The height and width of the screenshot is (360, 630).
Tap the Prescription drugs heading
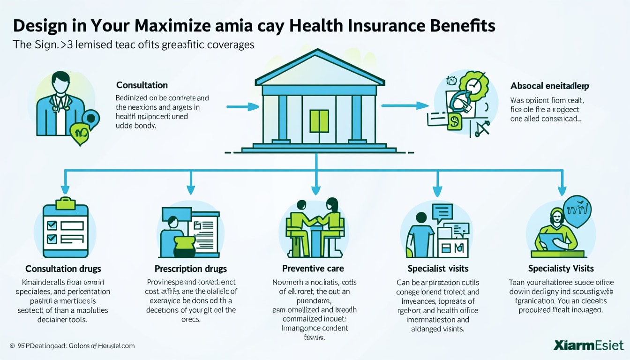click(191, 269)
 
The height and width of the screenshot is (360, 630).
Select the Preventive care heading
click(313, 268)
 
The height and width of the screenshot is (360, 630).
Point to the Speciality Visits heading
click(561, 268)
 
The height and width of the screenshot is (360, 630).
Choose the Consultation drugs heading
click(63, 269)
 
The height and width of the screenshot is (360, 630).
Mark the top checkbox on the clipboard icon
click(52, 225)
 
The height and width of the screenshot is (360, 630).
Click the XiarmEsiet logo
click(588, 345)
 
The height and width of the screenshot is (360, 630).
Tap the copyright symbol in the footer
click(12, 346)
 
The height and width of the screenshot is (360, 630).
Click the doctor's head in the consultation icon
click(61, 83)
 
